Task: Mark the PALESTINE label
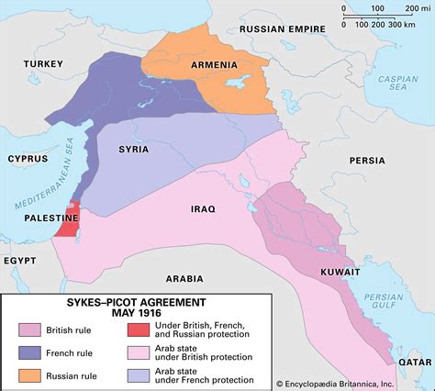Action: click(x=35, y=217)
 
